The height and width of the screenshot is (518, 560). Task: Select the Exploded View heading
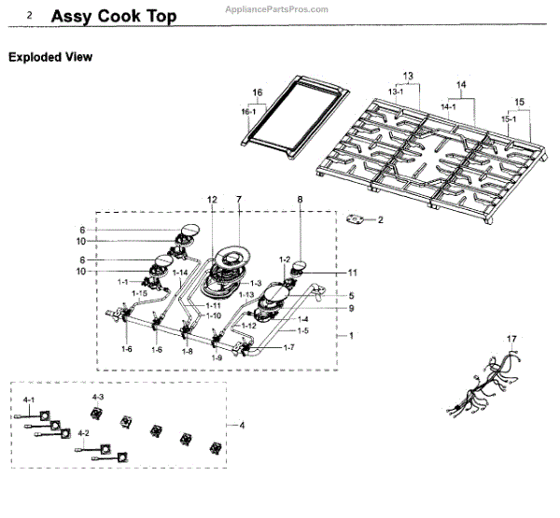click(50, 57)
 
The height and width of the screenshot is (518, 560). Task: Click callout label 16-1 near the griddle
click(247, 112)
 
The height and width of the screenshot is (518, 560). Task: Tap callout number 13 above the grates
click(407, 75)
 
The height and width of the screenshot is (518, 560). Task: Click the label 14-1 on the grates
click(448, 107)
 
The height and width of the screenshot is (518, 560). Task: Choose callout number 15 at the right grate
click(520, 100)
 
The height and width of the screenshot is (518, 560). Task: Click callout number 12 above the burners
click(212, 200)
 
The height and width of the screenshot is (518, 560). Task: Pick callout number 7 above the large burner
click(238, 200)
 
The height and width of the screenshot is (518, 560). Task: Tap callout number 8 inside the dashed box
click(300, 200)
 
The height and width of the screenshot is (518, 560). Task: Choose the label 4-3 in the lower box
click(97, 399)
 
